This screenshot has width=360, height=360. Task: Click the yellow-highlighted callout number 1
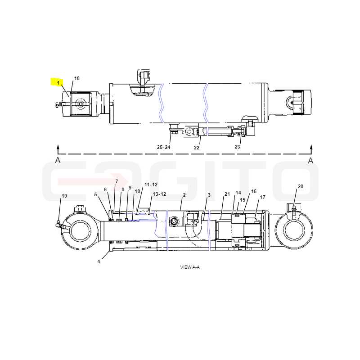click(x=58, y=83)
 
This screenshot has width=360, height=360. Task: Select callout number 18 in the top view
click(x=76, y=78)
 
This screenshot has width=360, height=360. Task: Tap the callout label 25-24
click(x=163, y=147)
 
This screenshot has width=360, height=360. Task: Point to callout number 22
click(x=197, y=148)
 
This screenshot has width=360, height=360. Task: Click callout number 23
click(x=237, y=147)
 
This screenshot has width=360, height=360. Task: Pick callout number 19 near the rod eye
click(x=64, y=196)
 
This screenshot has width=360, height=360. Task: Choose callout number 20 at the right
click(x=300, y=186)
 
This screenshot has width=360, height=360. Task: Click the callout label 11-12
click(x=151, y=184)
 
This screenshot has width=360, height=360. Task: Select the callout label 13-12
click(x=159, y=194)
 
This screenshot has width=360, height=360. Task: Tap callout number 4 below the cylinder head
click(x=99, y=261)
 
